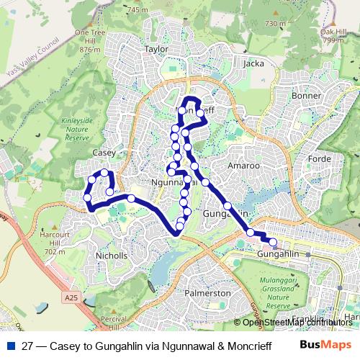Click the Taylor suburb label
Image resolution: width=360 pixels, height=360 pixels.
click(156, 49)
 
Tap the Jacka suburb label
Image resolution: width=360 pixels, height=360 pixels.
click(254, 63)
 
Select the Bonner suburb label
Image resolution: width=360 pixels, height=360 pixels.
click(305, 96)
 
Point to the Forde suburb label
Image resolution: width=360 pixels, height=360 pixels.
click(318, 158)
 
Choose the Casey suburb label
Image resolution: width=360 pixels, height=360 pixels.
click(104, 153)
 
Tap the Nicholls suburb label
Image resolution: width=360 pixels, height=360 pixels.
click(112, 256)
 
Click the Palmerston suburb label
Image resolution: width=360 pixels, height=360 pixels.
click(207, 294)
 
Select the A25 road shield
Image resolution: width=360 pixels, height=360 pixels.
click(70, 297)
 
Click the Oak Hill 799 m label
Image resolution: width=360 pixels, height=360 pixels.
click(333, 36)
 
